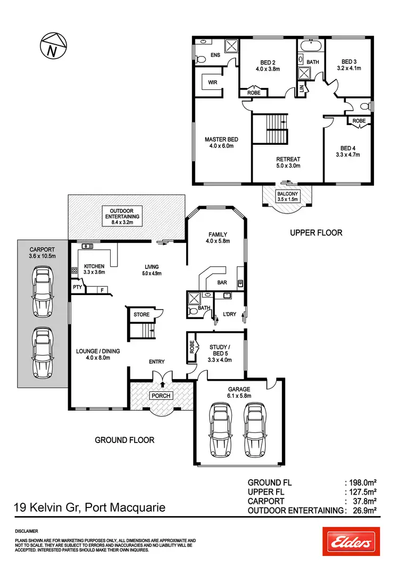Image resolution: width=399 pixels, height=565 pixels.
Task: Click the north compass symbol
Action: pos(51,46)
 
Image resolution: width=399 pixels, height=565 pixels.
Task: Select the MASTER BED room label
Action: pos(221,143)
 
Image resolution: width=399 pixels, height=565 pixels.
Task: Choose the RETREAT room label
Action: pos(288,162)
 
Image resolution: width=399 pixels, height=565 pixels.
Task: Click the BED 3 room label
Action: pos(349,65)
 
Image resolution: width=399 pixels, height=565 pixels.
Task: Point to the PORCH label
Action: pos(161,396)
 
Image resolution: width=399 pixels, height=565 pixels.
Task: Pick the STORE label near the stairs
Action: pos(142,314)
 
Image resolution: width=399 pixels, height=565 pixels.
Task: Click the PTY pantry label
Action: pos(78,288)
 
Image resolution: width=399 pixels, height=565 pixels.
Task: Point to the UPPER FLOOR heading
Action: pos(316,233)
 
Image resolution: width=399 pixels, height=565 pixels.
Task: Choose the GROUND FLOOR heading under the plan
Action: pos(124,440)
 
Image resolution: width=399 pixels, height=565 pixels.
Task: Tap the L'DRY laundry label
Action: pos(230,314)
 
